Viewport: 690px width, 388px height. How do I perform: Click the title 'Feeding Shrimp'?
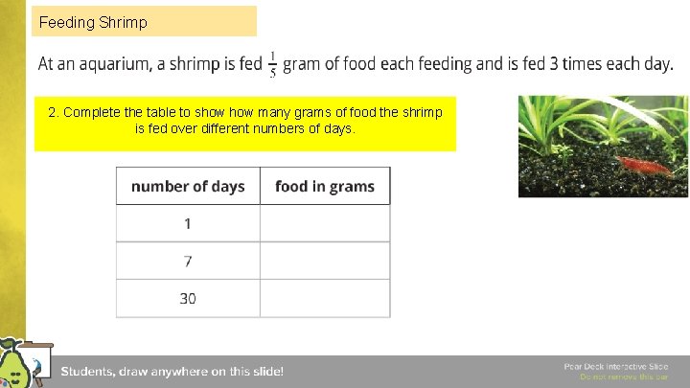[x=93, y=21]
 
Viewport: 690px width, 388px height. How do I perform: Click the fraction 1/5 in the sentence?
[x=273, y=64]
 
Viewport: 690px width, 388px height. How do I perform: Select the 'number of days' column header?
[x=188, y=186]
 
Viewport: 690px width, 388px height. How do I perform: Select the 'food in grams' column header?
[x=324, y=186]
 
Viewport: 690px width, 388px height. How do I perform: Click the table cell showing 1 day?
[x=188, y=223]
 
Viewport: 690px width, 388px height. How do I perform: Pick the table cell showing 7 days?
[x=188, y=261]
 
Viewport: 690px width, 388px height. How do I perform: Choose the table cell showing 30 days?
[x=188, y=298]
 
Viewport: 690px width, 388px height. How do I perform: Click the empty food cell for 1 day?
[x=325, y=223]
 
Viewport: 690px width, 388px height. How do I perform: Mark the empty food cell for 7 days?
[x=325, y=261]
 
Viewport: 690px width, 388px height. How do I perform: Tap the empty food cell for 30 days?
[x=325, y=298]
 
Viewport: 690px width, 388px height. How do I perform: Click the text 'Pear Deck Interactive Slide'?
[x=615, y=367]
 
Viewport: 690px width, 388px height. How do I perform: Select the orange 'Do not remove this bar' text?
[x=623, y=377]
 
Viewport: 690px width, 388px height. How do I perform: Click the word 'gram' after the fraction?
[x=304, y=64]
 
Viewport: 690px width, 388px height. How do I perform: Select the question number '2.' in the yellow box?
[x=54, y=112]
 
